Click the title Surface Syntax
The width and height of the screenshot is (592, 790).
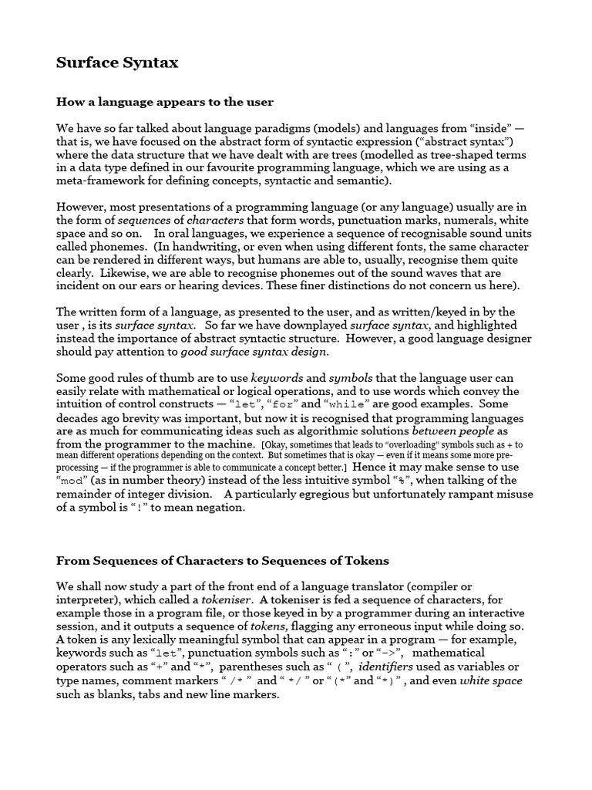point(117,63)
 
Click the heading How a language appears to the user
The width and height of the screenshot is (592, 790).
point(165,101)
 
